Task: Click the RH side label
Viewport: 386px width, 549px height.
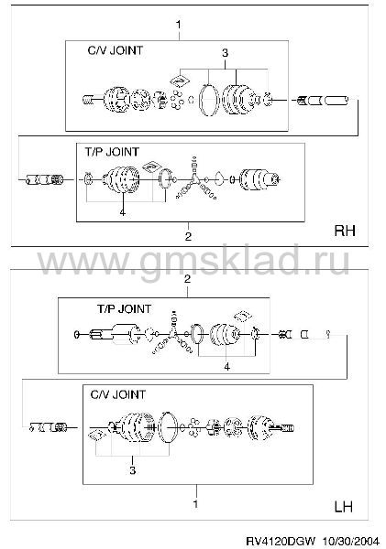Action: tap(345, 231)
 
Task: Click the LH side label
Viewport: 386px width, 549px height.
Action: tap(343, 507)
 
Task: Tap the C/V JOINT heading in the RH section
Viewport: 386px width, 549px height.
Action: tap(116, 50)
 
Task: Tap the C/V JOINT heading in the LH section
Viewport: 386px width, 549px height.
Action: tap(118, 394)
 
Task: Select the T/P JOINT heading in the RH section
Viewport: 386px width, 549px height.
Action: tap(112, 152)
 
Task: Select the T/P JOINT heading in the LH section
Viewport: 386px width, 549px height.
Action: tap(124, 309)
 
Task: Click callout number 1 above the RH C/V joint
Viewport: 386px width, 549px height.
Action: tap(179, 25)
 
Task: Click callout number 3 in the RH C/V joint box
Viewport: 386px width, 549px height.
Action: tap(225, 53)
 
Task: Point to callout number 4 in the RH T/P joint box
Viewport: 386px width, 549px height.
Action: tap(123, 212)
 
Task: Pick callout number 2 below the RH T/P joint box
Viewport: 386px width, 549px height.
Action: tap(188, 236)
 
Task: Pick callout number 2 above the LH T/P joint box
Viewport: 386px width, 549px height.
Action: tap(187, 279)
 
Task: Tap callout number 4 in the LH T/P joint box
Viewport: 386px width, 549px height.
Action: tap(227, 367)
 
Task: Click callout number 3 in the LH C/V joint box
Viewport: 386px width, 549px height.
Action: tap(132, 470)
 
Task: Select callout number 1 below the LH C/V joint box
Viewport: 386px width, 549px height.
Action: tap(195, 504)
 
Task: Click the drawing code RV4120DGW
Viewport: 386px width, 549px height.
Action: tap(281, 542)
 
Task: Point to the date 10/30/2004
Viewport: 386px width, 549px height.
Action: tap(351, 542)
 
